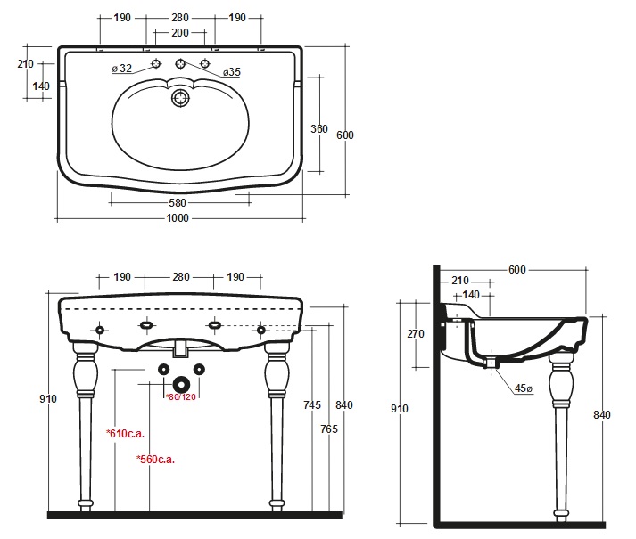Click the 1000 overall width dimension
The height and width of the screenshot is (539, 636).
(178, 218)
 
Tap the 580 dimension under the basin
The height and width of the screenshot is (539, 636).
(178, 202)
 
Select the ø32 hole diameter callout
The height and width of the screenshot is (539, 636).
(122, 69)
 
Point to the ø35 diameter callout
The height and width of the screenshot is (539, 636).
(232, 72)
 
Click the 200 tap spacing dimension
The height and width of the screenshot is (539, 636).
(180, 32)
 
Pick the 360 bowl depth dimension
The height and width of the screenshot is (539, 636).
(319, 129)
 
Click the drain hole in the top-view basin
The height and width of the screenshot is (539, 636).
(180, 98)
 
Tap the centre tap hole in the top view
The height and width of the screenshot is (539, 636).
(180, 63)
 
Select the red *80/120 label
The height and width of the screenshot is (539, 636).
(181, 397)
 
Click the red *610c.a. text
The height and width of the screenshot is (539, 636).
(126, 434)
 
